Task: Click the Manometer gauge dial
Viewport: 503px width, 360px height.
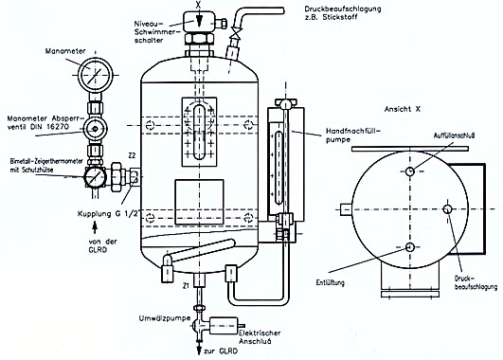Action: (96, 75)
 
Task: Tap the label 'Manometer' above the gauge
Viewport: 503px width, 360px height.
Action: (65, 51)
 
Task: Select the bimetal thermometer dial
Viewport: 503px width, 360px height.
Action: (95, 177)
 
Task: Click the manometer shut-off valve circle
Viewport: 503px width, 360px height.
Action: (95, 129)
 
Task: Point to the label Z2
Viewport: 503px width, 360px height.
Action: (132, 155)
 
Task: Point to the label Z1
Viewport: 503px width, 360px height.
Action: (186, 286)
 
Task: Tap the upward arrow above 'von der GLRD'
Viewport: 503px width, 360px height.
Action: (95, 227)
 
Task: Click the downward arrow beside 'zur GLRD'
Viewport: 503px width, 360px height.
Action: (199, 349)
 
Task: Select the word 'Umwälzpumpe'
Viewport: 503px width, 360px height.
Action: (165, 318)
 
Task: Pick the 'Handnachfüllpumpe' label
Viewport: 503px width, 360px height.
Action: (353, 135)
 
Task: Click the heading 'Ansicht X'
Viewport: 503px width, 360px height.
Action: (403, 109)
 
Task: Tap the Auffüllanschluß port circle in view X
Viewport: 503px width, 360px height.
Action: (410, 171)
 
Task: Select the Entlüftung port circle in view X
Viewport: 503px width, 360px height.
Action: (409, 246)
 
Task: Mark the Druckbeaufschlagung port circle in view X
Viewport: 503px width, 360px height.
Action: (448, 209)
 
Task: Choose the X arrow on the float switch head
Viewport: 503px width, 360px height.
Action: (199, 19)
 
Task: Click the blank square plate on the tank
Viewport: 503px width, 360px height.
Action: (199, 202)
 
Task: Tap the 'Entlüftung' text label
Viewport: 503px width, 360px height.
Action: (330, 282)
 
